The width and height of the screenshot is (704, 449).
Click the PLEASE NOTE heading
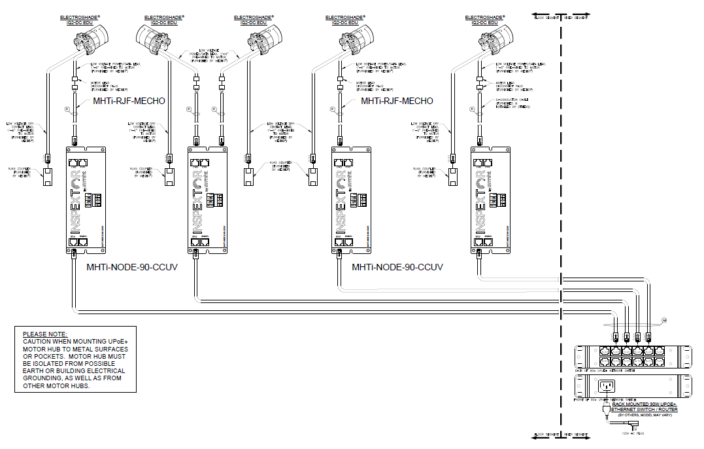[45, 334]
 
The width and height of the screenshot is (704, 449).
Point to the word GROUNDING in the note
[46, 378]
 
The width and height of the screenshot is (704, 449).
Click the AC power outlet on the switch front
[607, 387]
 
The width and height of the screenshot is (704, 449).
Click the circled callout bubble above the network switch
[663, 321]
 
